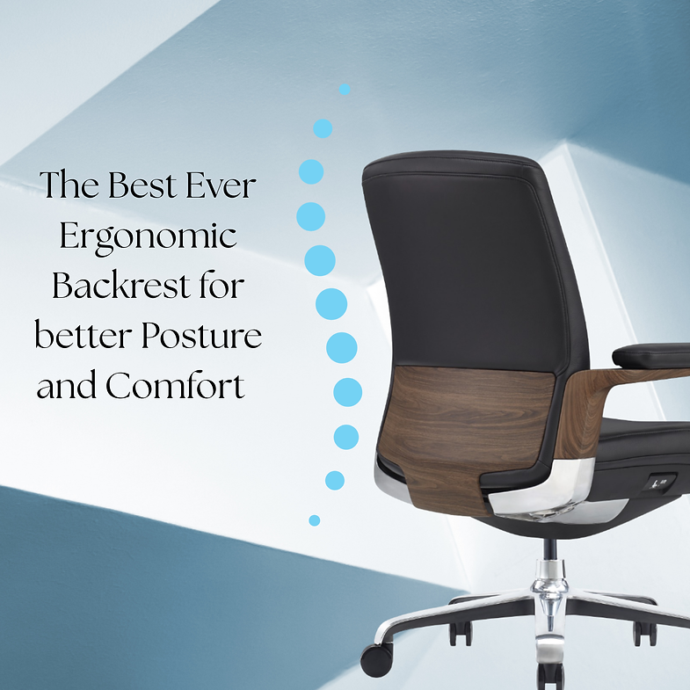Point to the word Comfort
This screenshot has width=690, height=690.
pos(176,387)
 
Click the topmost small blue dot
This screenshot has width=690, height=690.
pos(345,89)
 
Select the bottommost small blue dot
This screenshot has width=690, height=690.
pos(314,520)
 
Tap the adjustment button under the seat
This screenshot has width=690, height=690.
pos(660,483)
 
